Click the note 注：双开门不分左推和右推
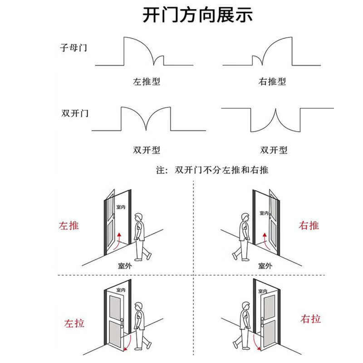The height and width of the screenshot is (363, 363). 212,171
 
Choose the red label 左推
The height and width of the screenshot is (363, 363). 69,226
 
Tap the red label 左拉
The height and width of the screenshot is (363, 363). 74,324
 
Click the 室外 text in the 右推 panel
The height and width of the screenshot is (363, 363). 265,266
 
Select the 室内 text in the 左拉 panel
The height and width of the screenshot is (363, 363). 121,289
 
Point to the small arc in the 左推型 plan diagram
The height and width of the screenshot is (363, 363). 158,60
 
